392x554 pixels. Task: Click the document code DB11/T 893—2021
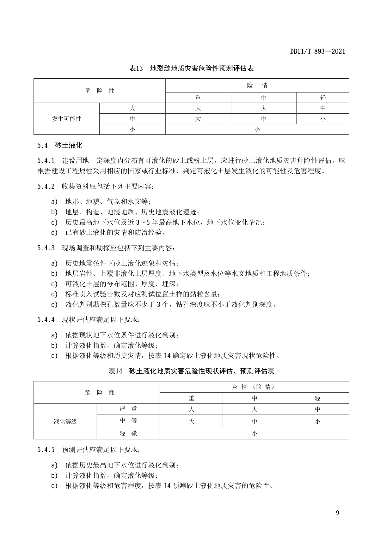(317, 51)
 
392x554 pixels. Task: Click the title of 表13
(191, 68)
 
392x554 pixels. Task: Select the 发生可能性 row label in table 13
(67, 119)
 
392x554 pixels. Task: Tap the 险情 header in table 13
(257, 85)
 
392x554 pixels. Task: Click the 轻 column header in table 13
(322, 98)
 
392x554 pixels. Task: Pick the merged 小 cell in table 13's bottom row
(257, 129)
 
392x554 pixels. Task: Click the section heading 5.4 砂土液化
(60, 146)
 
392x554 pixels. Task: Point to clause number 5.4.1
(46, 160)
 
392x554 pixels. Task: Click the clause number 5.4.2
(46, 186)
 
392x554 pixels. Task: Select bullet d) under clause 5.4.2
(54, 233)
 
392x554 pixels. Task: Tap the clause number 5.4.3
(46, 248)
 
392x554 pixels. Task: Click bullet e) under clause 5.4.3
(54, 305)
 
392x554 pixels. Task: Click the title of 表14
(191, 371)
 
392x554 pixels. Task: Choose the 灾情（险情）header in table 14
(254, 387)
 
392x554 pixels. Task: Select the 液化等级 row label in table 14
(65, 421)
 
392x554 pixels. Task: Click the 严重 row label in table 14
(128, 409)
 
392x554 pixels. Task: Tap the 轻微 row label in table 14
(128, 433)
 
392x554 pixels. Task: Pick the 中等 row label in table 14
(128, 421)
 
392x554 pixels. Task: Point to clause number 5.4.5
(46, 450)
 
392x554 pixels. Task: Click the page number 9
(337, 513)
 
